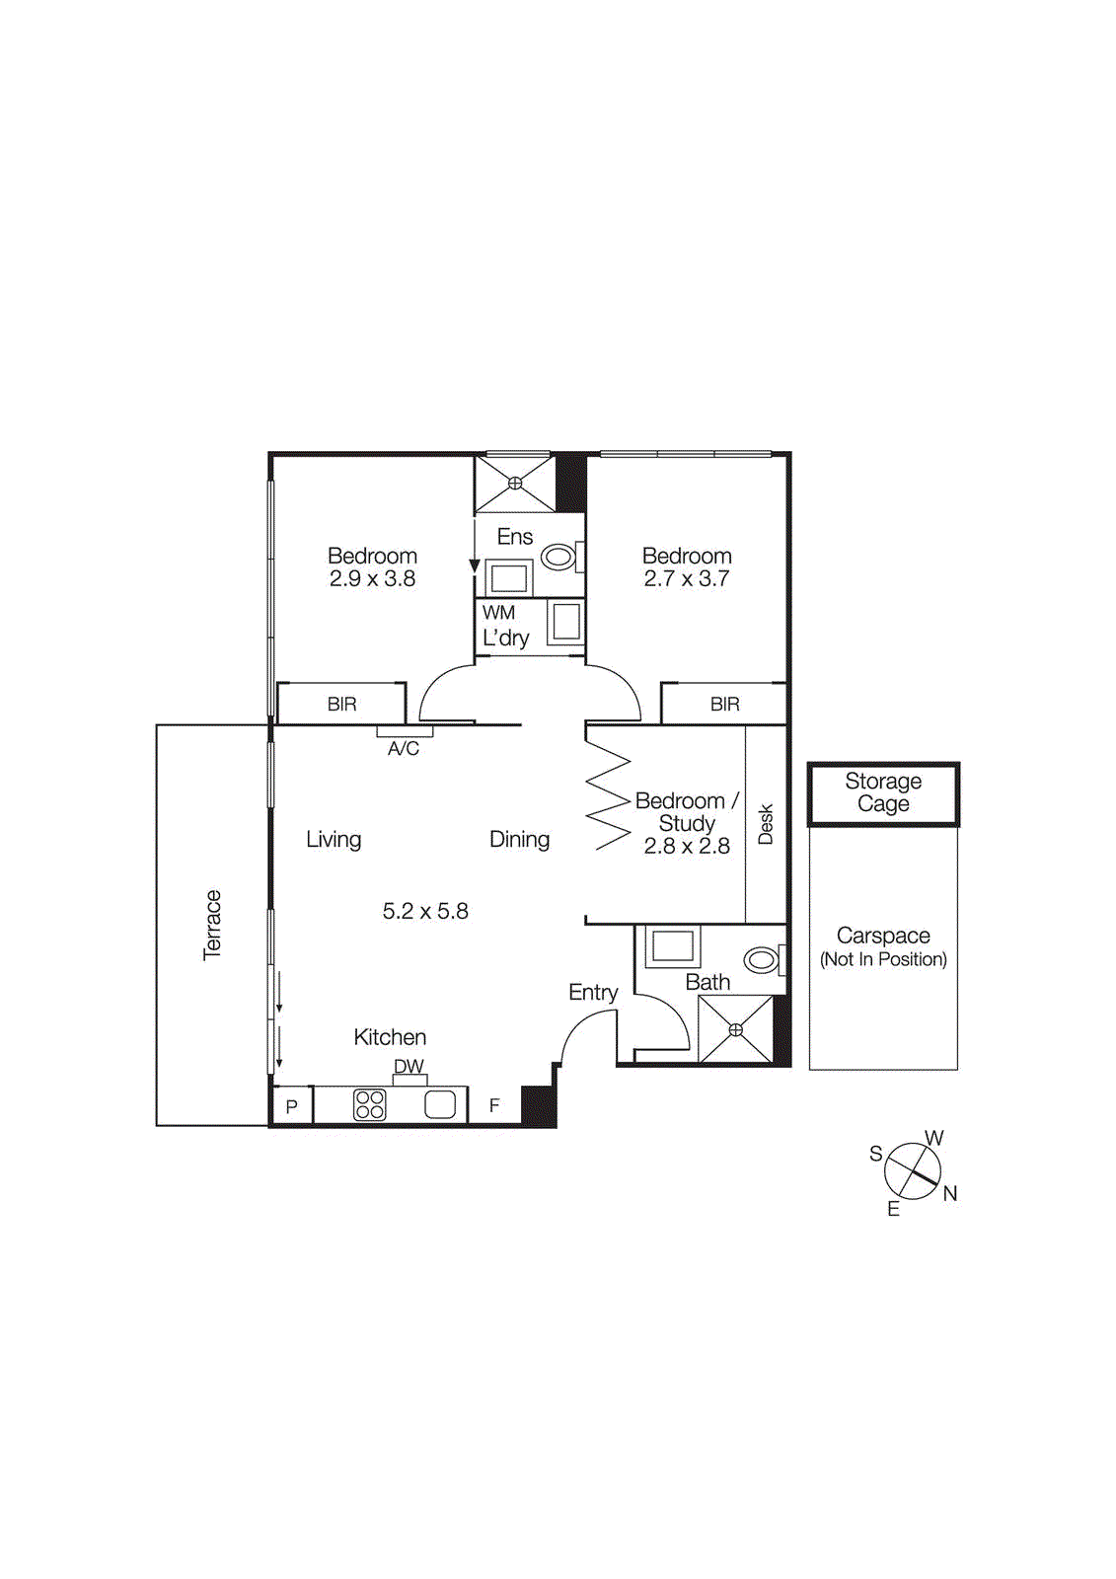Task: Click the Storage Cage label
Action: tap(883, 792)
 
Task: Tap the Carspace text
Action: tap(883, 936)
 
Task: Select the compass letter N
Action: tap(950, 1194)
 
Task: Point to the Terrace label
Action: tap(212, 925)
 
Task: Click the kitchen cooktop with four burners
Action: tap(370, 1104)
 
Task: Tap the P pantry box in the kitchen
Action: tap(292, 1106)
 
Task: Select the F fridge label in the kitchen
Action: tap(494, 1106)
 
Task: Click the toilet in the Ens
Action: tap(559, 558)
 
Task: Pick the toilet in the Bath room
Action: tap(762, 959)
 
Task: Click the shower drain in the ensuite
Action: tap(515, 484)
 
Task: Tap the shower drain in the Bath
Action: tap(735, 1029)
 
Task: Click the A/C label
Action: tap(404, 749)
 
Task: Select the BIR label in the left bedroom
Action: tap(342, 705)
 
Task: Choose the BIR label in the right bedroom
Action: tap(725, 705)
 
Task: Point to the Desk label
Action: tap(766, 824)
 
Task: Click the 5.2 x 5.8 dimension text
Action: tap(425, 911)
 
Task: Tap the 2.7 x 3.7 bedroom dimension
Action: tap(687, 579)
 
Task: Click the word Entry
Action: tap(593, 993)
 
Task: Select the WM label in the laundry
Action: tap(498, 613)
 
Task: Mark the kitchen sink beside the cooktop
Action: tap(440, 1104)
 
